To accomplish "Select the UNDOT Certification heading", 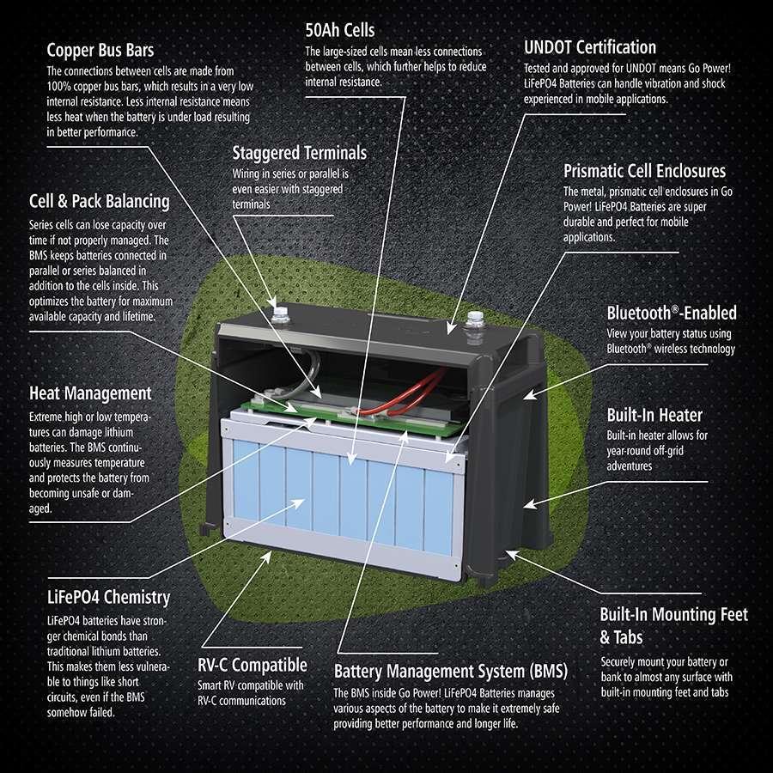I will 589,48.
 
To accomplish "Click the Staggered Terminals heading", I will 299,153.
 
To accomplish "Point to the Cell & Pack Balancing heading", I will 99,201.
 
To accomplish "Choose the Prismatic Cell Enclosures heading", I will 644,171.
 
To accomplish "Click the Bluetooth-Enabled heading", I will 672,313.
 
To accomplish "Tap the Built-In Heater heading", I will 654,416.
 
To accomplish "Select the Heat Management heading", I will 90,393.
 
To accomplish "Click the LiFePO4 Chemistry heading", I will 108,597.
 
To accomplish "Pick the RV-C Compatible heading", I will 252,665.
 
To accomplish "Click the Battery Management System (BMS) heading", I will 450,671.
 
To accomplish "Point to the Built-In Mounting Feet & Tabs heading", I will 673,625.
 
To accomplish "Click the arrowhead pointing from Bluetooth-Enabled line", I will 528,395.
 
